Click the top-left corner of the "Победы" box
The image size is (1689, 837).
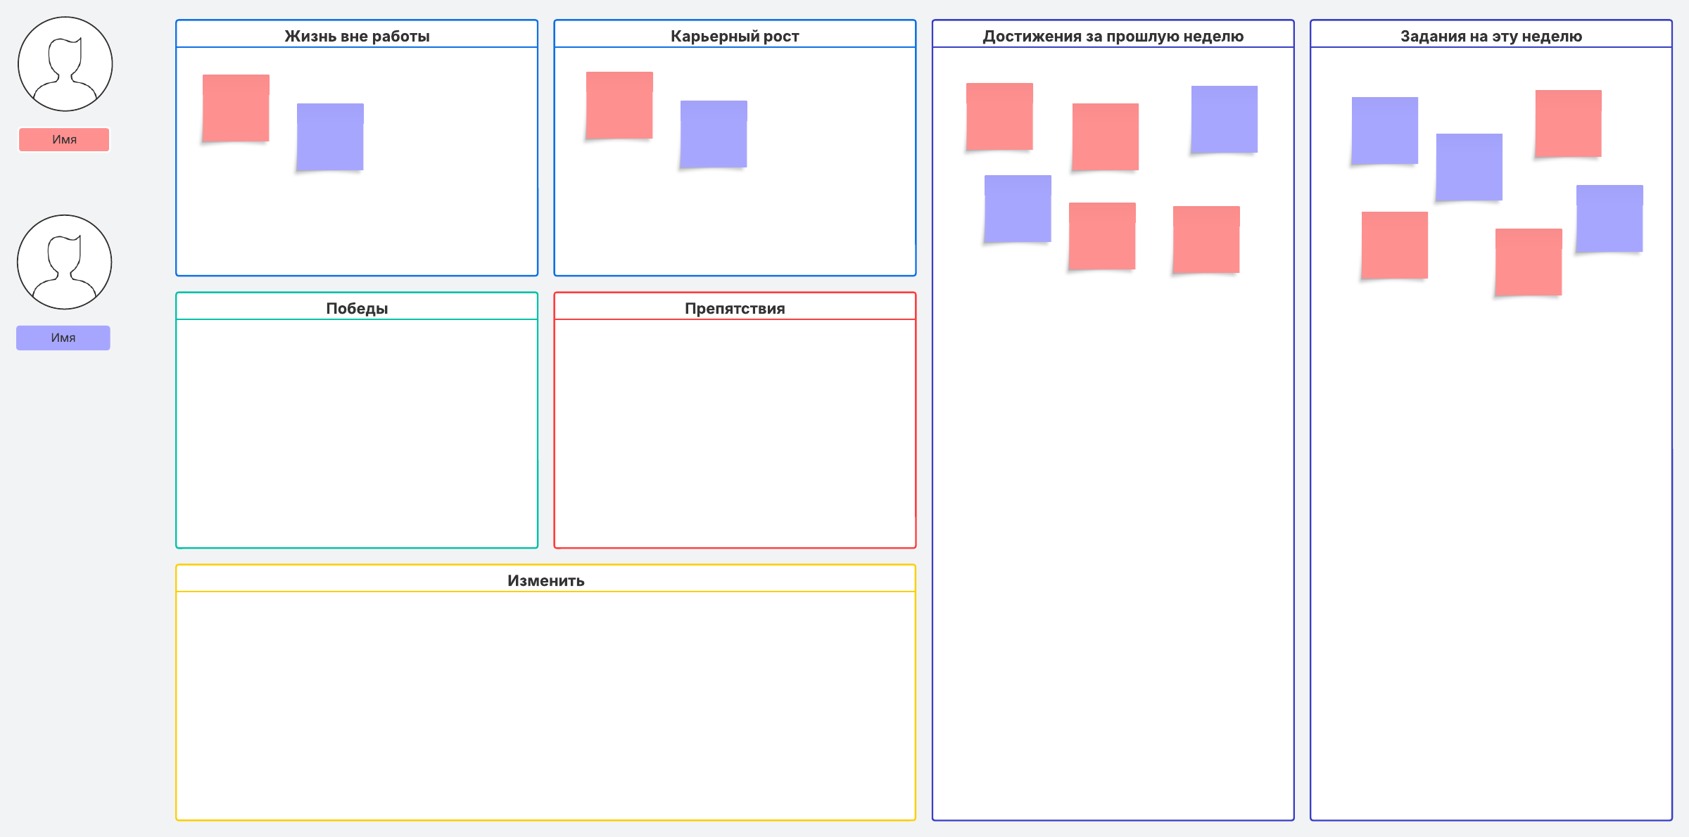176,293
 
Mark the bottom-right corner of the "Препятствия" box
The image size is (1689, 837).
916,548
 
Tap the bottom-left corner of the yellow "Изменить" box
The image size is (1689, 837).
176,820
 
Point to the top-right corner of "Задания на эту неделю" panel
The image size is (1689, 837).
1672,20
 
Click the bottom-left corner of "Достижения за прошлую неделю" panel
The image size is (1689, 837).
932,820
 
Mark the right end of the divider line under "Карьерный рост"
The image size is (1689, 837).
916,47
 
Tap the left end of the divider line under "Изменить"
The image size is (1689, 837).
177,592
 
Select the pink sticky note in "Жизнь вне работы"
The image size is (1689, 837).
236,108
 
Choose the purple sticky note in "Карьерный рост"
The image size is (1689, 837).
714,134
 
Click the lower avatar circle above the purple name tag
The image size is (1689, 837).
65,262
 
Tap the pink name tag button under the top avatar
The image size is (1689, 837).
64,139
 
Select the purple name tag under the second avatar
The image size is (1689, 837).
63,338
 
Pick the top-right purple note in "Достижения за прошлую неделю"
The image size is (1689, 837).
1225,120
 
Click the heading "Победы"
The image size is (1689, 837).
357,308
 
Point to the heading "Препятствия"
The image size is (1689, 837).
735,308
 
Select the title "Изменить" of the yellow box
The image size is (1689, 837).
546,580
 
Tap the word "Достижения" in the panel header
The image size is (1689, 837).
1032,37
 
